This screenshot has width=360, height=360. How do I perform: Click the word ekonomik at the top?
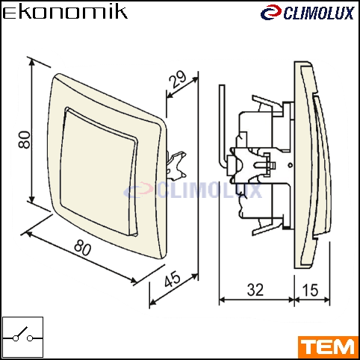[x=65, y=13]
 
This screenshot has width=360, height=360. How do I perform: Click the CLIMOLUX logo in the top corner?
[x=308, y=13]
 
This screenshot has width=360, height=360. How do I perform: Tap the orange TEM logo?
[x=328, y=347]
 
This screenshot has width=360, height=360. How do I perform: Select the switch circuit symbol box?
[x=22, y=338]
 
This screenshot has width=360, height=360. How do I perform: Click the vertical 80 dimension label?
[x=25, y=140]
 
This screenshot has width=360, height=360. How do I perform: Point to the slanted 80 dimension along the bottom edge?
[x=83, y=248]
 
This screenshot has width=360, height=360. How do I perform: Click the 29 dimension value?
[x=178, y=79]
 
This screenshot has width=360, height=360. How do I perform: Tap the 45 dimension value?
[x=173, y=279]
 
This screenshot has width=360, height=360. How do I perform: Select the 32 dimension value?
[x=255, y=290]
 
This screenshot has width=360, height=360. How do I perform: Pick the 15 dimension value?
[x=310, y=290]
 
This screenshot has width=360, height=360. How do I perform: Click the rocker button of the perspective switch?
[x=99, y=172]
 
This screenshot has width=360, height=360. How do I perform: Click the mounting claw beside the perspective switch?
[x=176, y=165]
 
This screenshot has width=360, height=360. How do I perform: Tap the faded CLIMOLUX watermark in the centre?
[x=193, y=190]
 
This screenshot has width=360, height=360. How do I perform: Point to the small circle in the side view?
[x=290, y=165]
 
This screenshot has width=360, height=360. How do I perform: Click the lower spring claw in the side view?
[x=267, y=226]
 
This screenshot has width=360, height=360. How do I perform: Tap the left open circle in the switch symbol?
[x=16, y=338]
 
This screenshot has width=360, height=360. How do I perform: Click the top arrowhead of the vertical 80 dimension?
[x=31, y=62]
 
